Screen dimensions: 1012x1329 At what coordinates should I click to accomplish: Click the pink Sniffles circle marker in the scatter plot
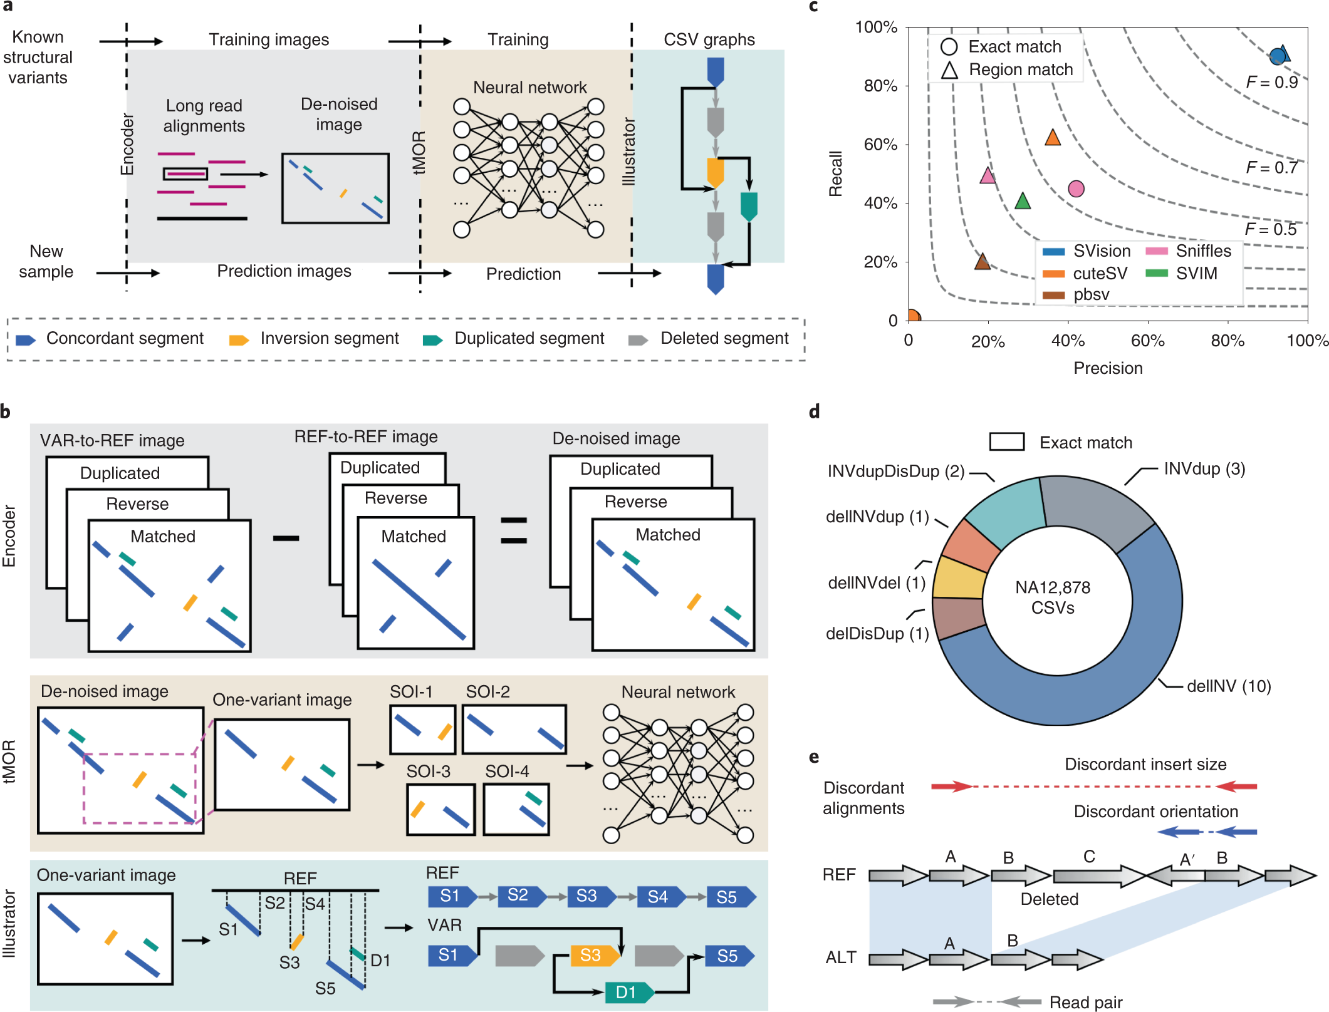coord(1076,188)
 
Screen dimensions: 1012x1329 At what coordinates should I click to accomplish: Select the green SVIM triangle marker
coord(1022,202)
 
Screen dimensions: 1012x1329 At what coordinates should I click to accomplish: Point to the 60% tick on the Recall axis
coord(880,145)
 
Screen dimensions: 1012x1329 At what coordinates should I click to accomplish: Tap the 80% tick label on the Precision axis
coord(1227,341)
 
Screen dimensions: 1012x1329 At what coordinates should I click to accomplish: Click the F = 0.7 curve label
coord(1271,168)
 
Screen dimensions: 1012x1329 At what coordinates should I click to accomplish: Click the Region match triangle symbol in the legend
coord(949,70)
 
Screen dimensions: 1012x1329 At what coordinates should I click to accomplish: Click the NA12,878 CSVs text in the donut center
coord(1053,597)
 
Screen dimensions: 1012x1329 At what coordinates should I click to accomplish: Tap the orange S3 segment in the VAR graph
coord(590,955)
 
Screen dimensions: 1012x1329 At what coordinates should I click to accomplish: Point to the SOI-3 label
coord(428,771)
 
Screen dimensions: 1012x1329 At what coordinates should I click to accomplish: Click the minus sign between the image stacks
coord(286,539)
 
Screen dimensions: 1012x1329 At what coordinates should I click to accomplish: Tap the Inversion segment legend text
coord(330,339)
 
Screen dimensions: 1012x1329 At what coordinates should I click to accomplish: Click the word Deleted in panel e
coord(1049,899)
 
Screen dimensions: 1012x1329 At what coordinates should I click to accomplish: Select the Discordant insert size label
coord(1145,764)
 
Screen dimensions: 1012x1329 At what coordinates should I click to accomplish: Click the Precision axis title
coord(1108,368)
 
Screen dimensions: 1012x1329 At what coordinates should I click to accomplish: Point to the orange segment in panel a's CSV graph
coord(715,172)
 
